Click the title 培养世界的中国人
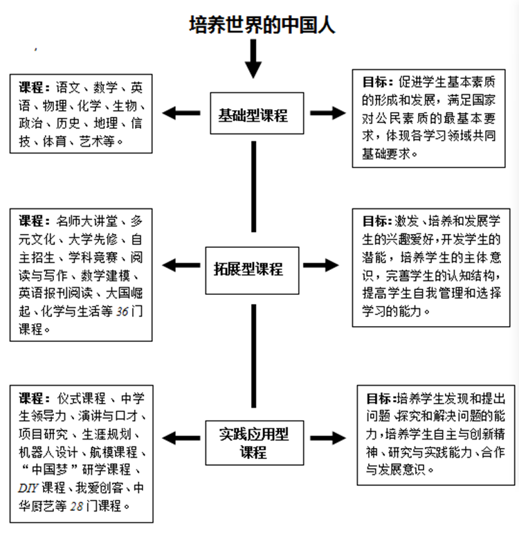click(262, 26)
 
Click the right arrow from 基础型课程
click(327, 113)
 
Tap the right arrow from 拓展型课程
click(320, 266)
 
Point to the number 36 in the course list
click(123, 312)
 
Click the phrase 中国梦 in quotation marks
click(46, 471)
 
